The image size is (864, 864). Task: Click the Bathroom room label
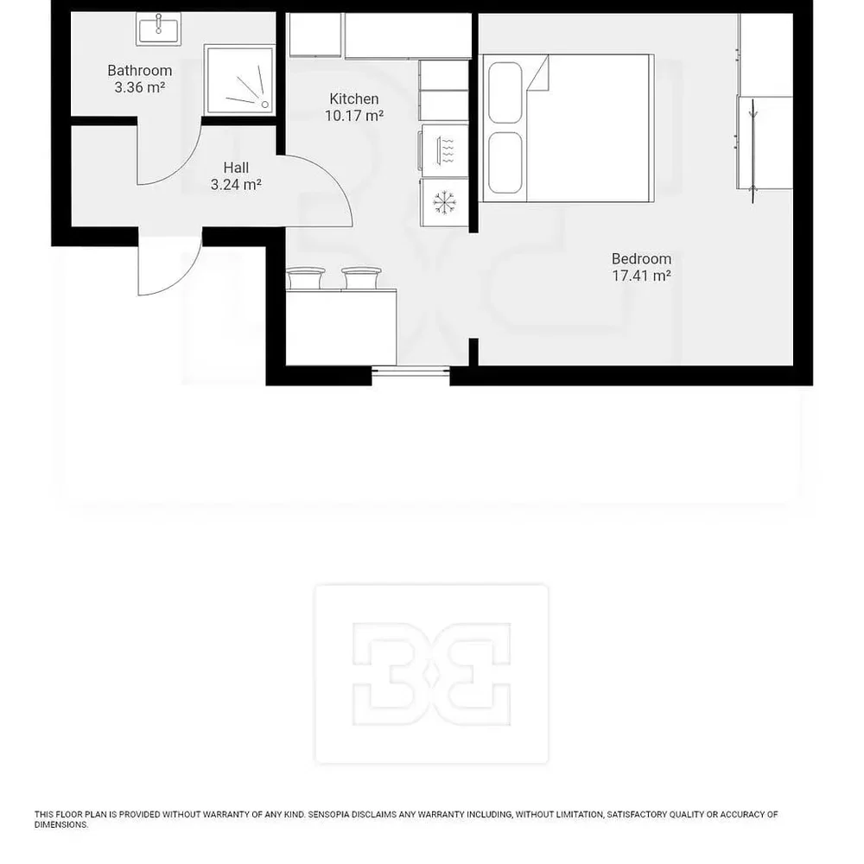point(139,71)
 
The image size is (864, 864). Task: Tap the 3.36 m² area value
point(139,87)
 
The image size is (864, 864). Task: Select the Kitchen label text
point(353,99)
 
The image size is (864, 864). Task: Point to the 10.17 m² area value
point(353,116)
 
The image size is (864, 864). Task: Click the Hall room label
point(236,168)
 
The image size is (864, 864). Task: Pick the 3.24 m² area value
point(236,185)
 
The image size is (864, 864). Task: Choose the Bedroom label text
point(641,259)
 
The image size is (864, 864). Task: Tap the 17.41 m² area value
point(641,276)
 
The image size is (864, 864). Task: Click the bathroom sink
point(159,29)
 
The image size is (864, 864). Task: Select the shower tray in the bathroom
point(239,79)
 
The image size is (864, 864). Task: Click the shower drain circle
point(265,105)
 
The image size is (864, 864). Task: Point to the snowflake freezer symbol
point(444,203)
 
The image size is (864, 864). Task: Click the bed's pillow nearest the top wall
point(505,92)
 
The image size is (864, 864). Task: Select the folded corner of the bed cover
point(538,73)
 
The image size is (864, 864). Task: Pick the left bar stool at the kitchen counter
point(305,277)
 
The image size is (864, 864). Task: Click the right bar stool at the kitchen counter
point(361,277)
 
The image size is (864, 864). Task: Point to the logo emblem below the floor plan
point(431,674)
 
